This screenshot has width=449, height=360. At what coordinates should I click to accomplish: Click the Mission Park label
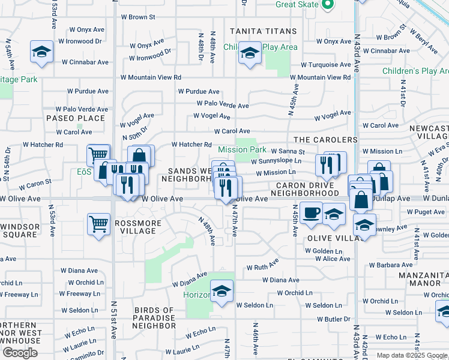click(x=242, y=149)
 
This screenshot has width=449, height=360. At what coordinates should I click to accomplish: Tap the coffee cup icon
click(x=311, y=214)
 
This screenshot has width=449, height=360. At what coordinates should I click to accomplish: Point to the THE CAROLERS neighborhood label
click(x=325, y=140)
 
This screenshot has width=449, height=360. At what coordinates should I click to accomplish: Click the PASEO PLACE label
click(x=76, y=118)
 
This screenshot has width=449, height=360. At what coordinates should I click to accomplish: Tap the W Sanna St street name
click(x=288, y=152)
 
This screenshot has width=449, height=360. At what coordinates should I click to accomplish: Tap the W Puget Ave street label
click(x=426, y=212)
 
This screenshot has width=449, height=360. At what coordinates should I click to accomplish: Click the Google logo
click(x=20, y=353)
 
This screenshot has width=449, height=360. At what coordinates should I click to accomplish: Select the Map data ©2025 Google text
click(x=412, y=355)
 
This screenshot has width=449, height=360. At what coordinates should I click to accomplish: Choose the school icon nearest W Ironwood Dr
click(x=42, y=53)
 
